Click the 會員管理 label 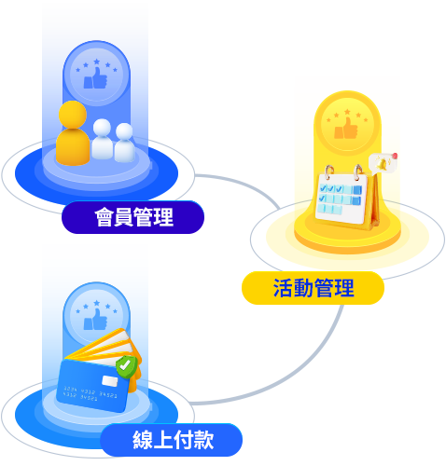(132, 217)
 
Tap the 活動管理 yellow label (313, 288)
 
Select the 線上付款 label (171, 440)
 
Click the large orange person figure (73, 133)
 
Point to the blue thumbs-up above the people (95, 78)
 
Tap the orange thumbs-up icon (346, 128)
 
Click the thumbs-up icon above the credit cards (95, 319)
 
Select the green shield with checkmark (126, 367)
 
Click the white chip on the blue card (110, 381)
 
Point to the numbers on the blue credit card (91, 393)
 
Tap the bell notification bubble (383, 163)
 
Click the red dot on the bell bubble (395, 156)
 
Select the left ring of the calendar (329, 172)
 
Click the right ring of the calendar (358, 171)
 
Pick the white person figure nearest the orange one (102, 139)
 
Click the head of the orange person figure (73, 114)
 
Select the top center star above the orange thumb (347, 112)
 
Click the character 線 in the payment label (143, 440)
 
